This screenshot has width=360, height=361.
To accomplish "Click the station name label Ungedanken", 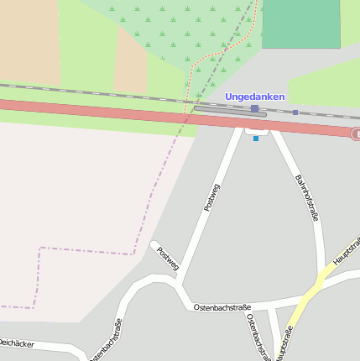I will (255, 97).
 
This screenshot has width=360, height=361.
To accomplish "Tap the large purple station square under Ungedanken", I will (254, 108).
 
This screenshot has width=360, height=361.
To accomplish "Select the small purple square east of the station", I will (295, 112).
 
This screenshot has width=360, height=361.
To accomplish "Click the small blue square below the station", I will (256, 139).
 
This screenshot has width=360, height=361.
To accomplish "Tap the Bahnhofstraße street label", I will (308, 198).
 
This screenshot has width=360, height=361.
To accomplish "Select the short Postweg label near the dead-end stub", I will (168, 259).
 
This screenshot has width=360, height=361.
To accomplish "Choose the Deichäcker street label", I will (17, 343).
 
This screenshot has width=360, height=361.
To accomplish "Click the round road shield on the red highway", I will (356, 133).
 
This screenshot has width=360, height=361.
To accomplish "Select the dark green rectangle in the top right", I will (300, 24).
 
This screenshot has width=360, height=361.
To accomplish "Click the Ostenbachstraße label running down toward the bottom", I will (256, 336).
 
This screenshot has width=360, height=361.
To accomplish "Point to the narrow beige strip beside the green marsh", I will (130, 59).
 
